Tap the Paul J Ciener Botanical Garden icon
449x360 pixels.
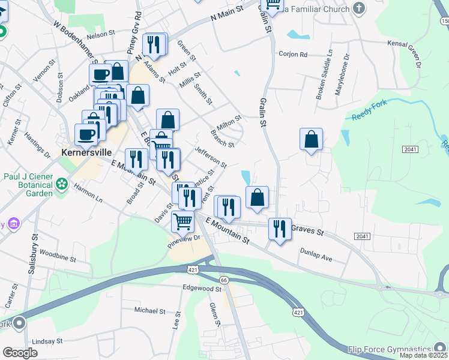click(x=62, y=185)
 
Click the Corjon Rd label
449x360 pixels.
click(x=293, y=54)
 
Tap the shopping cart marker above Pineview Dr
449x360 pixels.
click(x=182, y=221)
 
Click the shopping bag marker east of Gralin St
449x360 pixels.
click(x=311, y=140)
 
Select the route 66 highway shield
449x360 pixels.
click(x=223, y=280)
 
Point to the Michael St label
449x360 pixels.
click(x=149, y=311)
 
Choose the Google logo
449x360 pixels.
click(x=20, y=352)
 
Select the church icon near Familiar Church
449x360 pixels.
click(x=359, y=8)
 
